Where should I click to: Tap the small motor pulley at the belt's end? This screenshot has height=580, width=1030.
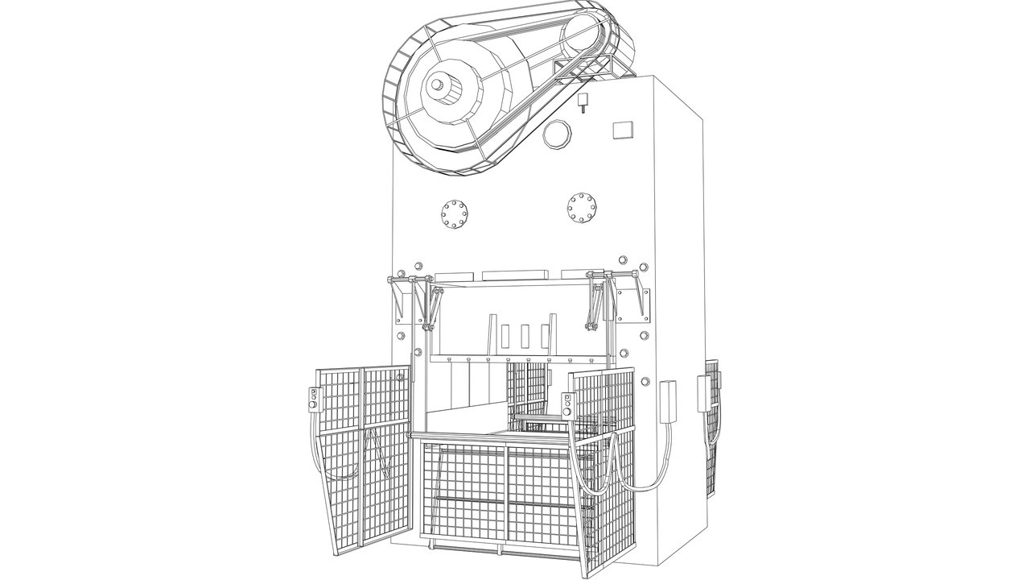582,37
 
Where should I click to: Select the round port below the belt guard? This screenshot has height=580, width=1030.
556,134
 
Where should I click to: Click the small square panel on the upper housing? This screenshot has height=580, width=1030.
622,130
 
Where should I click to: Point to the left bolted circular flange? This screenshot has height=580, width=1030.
455,215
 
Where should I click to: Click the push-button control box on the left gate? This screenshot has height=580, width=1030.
315,399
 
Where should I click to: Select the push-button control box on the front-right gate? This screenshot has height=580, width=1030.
567,405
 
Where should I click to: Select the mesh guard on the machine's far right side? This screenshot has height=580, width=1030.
711,427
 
